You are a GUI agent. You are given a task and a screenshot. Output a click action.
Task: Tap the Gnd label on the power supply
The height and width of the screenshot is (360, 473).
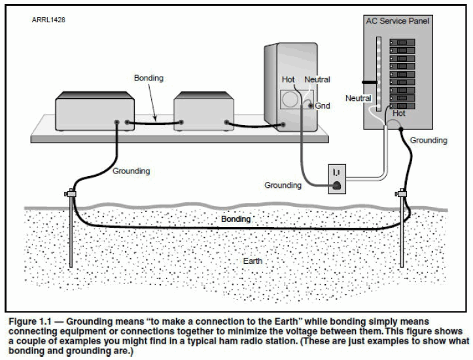coord(323,105)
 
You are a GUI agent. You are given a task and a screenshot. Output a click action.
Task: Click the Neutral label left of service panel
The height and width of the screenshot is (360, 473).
coord(358,98)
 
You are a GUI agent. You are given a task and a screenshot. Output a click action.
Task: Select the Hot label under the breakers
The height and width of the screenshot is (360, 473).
coord(398,113)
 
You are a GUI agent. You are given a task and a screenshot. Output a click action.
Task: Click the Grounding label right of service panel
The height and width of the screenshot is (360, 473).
coord(429,139)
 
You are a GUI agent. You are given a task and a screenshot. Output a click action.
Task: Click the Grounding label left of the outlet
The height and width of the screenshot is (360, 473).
coord(283,185)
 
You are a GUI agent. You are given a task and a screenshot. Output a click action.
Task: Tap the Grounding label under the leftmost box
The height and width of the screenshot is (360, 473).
coord(131,171)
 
